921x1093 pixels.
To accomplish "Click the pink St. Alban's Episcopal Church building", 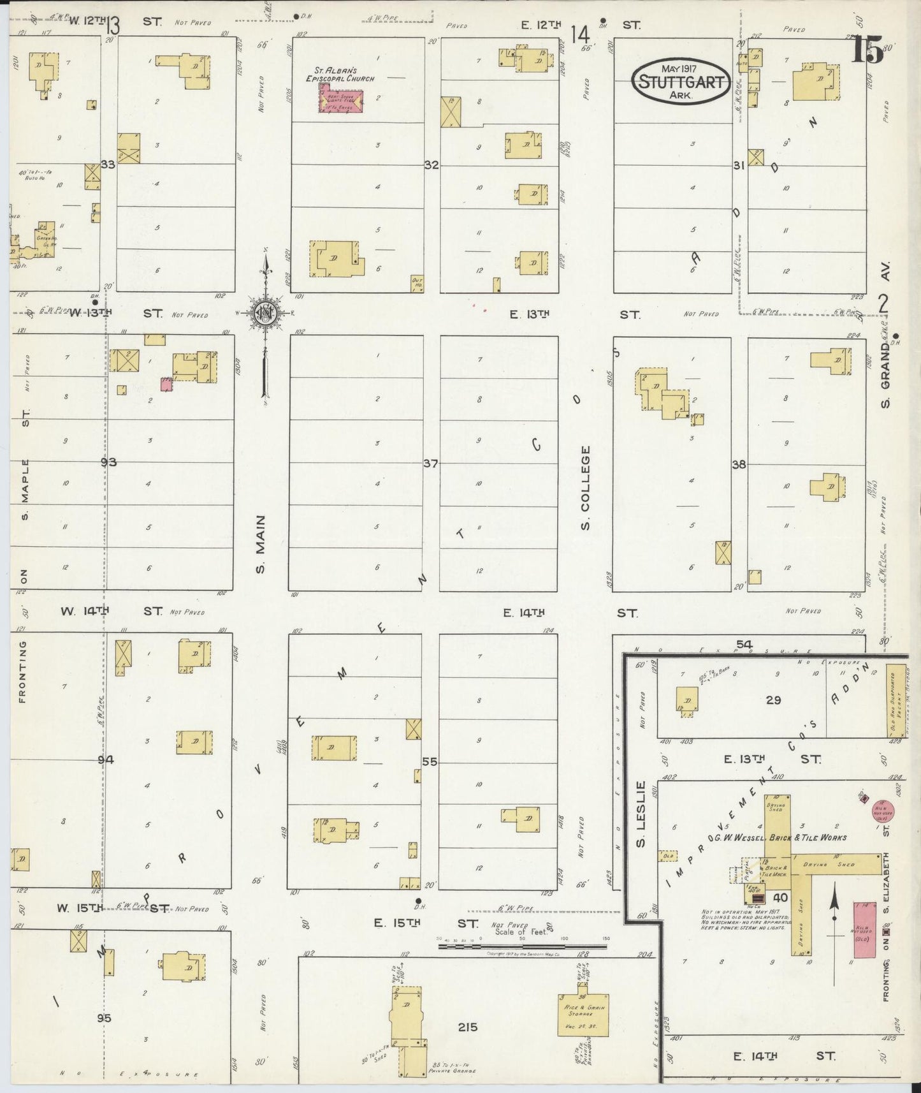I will (x=341, y=101).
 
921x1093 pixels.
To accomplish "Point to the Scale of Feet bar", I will (x=523, y=946).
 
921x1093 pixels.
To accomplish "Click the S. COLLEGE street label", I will (x=586, y=487).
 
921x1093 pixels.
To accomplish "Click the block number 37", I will (x=431, y=464).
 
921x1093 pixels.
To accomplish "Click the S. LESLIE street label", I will (x=641, y=814).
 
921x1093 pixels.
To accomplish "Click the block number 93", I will (x=108, y=462).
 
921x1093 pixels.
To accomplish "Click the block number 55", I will (x=430, y=761).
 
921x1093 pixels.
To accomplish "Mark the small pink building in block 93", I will (x=167, y=383).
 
